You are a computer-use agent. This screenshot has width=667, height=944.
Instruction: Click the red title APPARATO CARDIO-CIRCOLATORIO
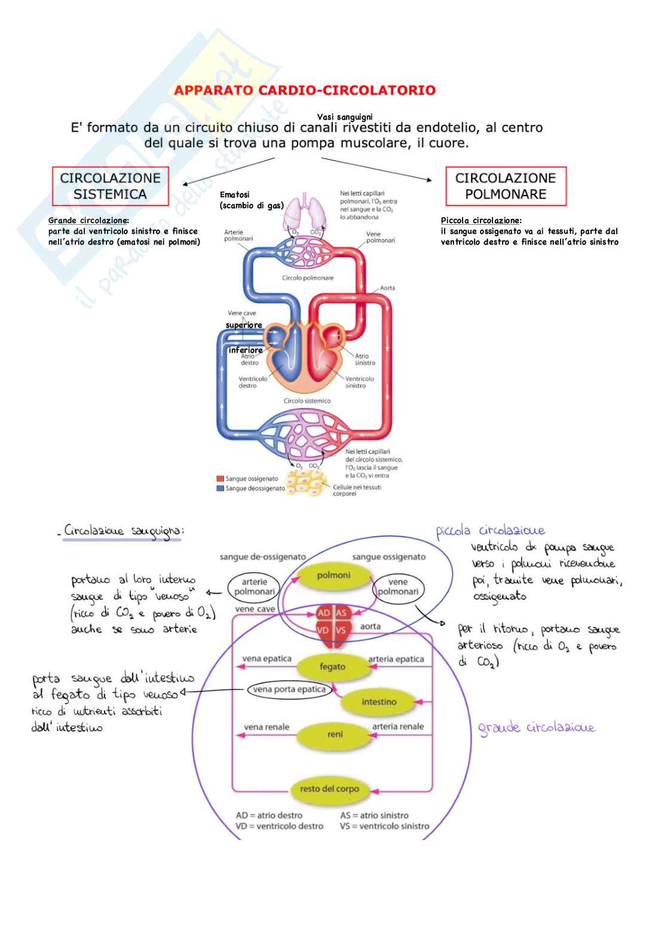(305, 91)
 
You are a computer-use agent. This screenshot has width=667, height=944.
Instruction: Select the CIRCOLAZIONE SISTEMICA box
(110, 186)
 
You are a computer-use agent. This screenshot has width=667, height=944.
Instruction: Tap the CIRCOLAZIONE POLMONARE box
(506, 186)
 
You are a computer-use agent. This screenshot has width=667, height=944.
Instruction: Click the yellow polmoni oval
(333, 576)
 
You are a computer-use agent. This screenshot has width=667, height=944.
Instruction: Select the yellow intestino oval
(379, 702)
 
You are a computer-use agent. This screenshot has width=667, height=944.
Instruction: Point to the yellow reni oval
(335, 734)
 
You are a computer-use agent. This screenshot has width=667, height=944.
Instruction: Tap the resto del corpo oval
(329, 789)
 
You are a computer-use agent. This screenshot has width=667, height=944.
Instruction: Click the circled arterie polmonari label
(254, 586)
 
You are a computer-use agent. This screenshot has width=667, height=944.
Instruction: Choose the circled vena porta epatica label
(289, 689)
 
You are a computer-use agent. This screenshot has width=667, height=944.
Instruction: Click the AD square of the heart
(324, 613)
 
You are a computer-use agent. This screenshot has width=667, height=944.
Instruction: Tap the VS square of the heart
(341, 630)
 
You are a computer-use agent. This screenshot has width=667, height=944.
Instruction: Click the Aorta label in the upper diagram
(387, 288)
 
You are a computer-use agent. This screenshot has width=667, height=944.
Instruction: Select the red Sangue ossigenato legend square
(220, 479)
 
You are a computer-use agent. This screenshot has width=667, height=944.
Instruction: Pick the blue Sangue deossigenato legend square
(220, 488)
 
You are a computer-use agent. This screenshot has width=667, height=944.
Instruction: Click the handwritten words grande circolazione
(536, 728)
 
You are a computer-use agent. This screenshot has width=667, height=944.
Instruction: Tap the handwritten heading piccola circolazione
(490, 530)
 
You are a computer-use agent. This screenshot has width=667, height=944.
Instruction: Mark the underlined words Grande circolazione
(88, 221)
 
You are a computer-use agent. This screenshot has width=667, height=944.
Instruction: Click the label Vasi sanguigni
(345, 117)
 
